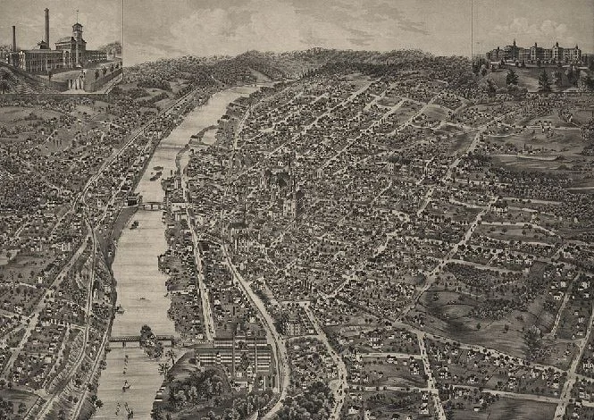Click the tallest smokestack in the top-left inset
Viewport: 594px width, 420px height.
[x=46, y=27]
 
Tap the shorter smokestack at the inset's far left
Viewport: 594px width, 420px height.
[x=13, y=38]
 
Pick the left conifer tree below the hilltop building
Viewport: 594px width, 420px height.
[x=512, y=79]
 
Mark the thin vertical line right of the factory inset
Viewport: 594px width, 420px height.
[x=122, y=45]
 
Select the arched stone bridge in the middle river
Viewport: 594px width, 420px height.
[x=153, y=205]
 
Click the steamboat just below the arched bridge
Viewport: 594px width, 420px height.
[x=134, y=224]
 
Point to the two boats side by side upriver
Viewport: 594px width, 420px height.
[x=155, y=173]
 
